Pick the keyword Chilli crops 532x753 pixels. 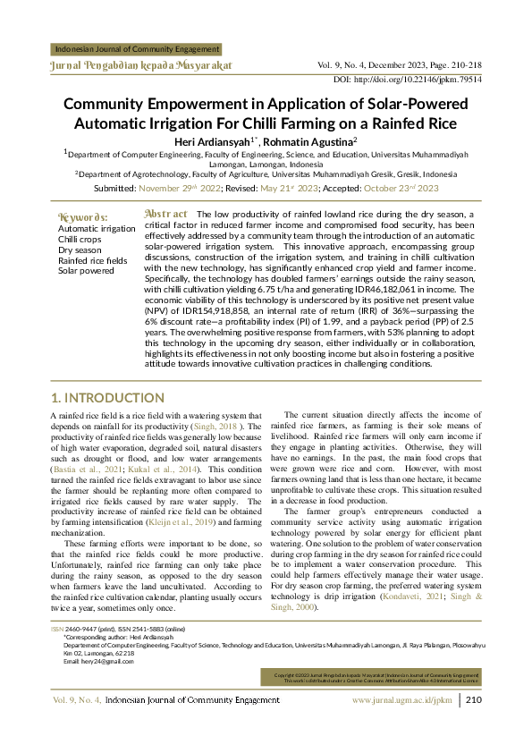point(80,240)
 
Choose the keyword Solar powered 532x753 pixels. point(87,270)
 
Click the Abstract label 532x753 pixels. point(165,215)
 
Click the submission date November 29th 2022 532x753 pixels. point(179,189)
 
